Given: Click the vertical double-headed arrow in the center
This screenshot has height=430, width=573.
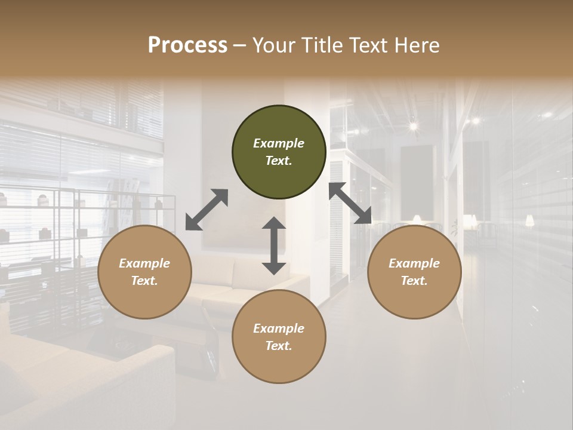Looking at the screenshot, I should [x=274, y=245].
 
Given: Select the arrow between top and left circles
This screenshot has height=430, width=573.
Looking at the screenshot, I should [x=207, y=210].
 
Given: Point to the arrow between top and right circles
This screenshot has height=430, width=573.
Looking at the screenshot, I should [x=350, y=203].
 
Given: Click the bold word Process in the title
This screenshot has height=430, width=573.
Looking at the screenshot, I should [x=187, y=45].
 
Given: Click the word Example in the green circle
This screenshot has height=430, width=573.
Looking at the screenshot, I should [x=279, y=143].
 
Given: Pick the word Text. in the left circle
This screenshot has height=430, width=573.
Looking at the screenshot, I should [x=144, y=281].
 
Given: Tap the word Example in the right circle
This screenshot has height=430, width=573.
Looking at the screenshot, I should [x=414, y=263].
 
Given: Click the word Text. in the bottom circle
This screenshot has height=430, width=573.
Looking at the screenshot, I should [x=279, y=346].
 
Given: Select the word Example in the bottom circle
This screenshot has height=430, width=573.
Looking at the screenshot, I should [x=279, y=328].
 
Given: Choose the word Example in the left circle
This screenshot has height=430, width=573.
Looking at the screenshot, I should [x=144, y=263].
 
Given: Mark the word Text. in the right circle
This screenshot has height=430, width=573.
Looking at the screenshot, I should [x=414, y=281].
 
